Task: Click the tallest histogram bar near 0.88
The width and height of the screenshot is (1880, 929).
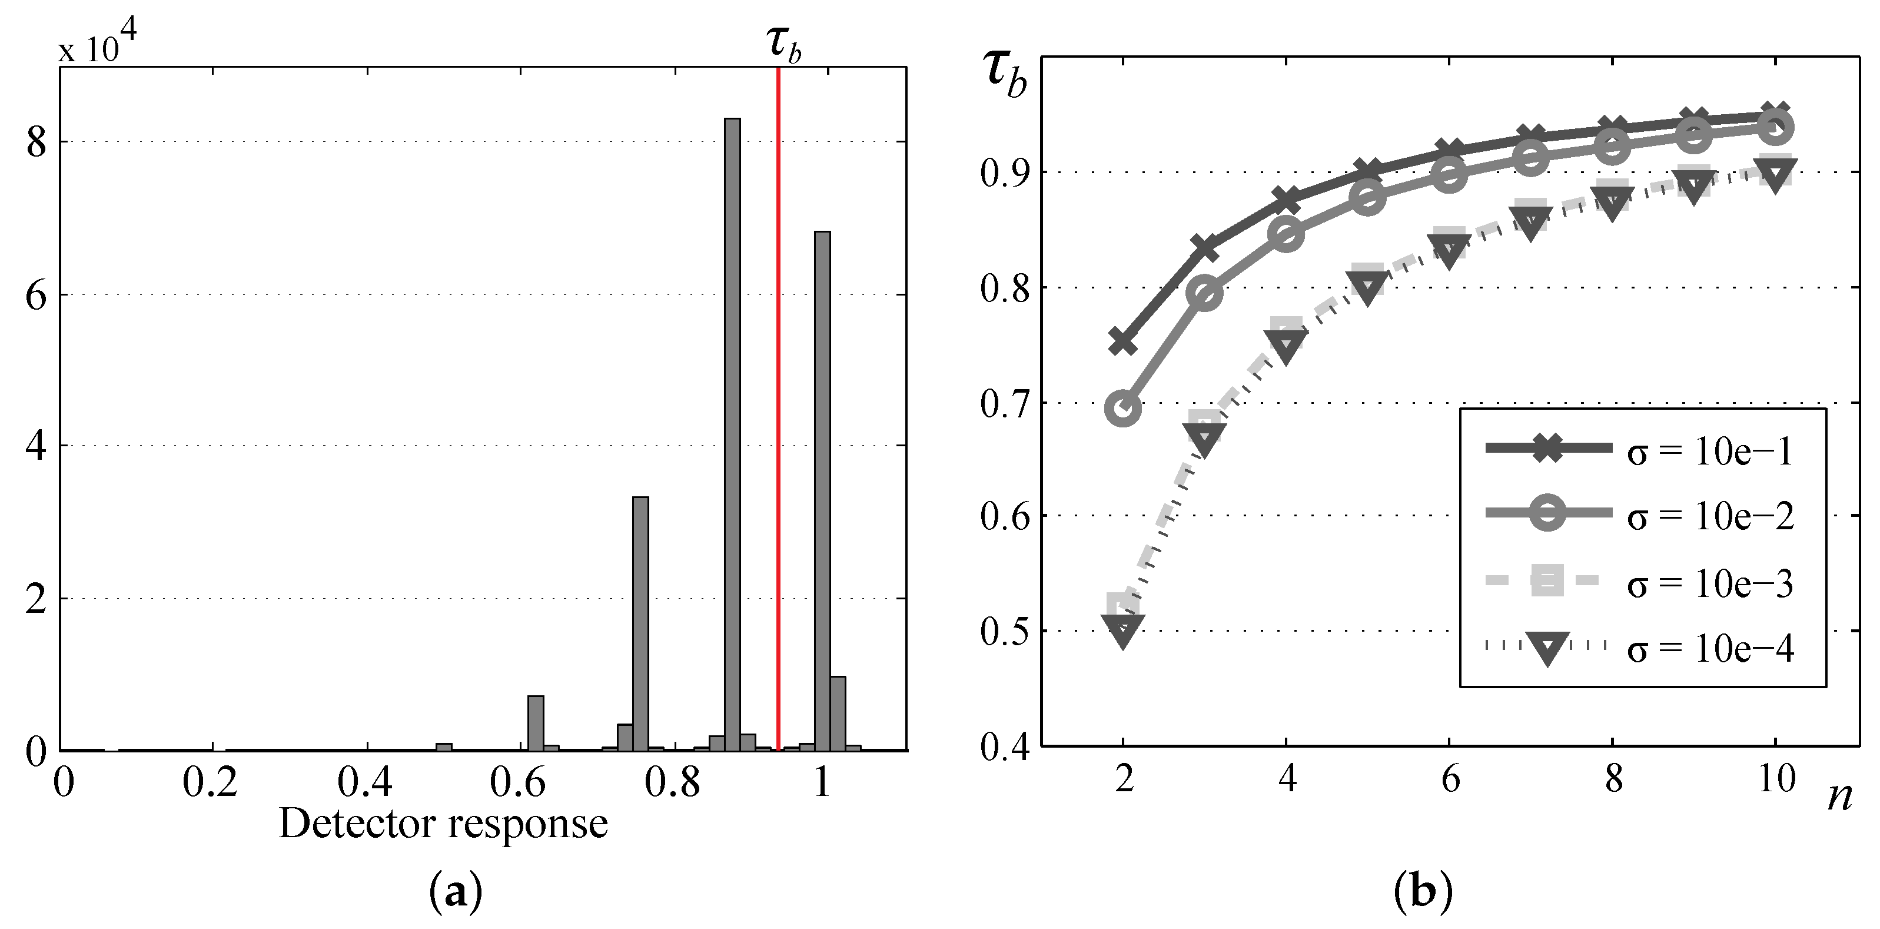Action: click(x=731, y=434)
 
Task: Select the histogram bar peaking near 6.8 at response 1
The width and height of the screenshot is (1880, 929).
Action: click(x=822, y=489)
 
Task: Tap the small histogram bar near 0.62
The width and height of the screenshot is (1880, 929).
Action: click(x=536, y=722)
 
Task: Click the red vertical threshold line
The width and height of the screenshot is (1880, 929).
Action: click(x=779, y=409)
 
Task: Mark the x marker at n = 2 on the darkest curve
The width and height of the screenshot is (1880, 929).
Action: click(x=1123, y=341)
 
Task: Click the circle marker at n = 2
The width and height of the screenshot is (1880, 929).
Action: click(x=1123, y=408)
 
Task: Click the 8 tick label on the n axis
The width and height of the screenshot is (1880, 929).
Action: click(x=1613, y=779)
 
